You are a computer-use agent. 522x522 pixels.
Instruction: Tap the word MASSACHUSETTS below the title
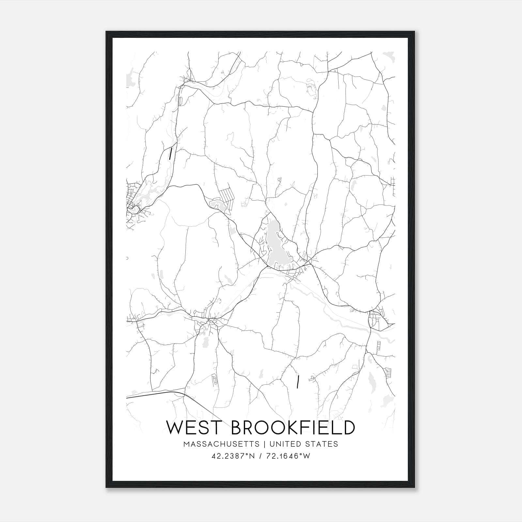[x=222, y=444]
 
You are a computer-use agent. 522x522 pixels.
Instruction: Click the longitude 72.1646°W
[x=288, y=456]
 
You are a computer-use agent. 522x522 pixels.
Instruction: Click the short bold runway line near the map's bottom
[x=298, y=382]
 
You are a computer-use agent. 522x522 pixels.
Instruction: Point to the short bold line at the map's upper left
[x=170, y=153]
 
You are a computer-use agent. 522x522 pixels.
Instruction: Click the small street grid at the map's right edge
[x=375, y=318]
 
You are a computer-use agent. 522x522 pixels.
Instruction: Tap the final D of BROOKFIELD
[x=348, y=427]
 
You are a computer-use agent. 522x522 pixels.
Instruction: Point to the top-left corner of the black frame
[x=106, y=32]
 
